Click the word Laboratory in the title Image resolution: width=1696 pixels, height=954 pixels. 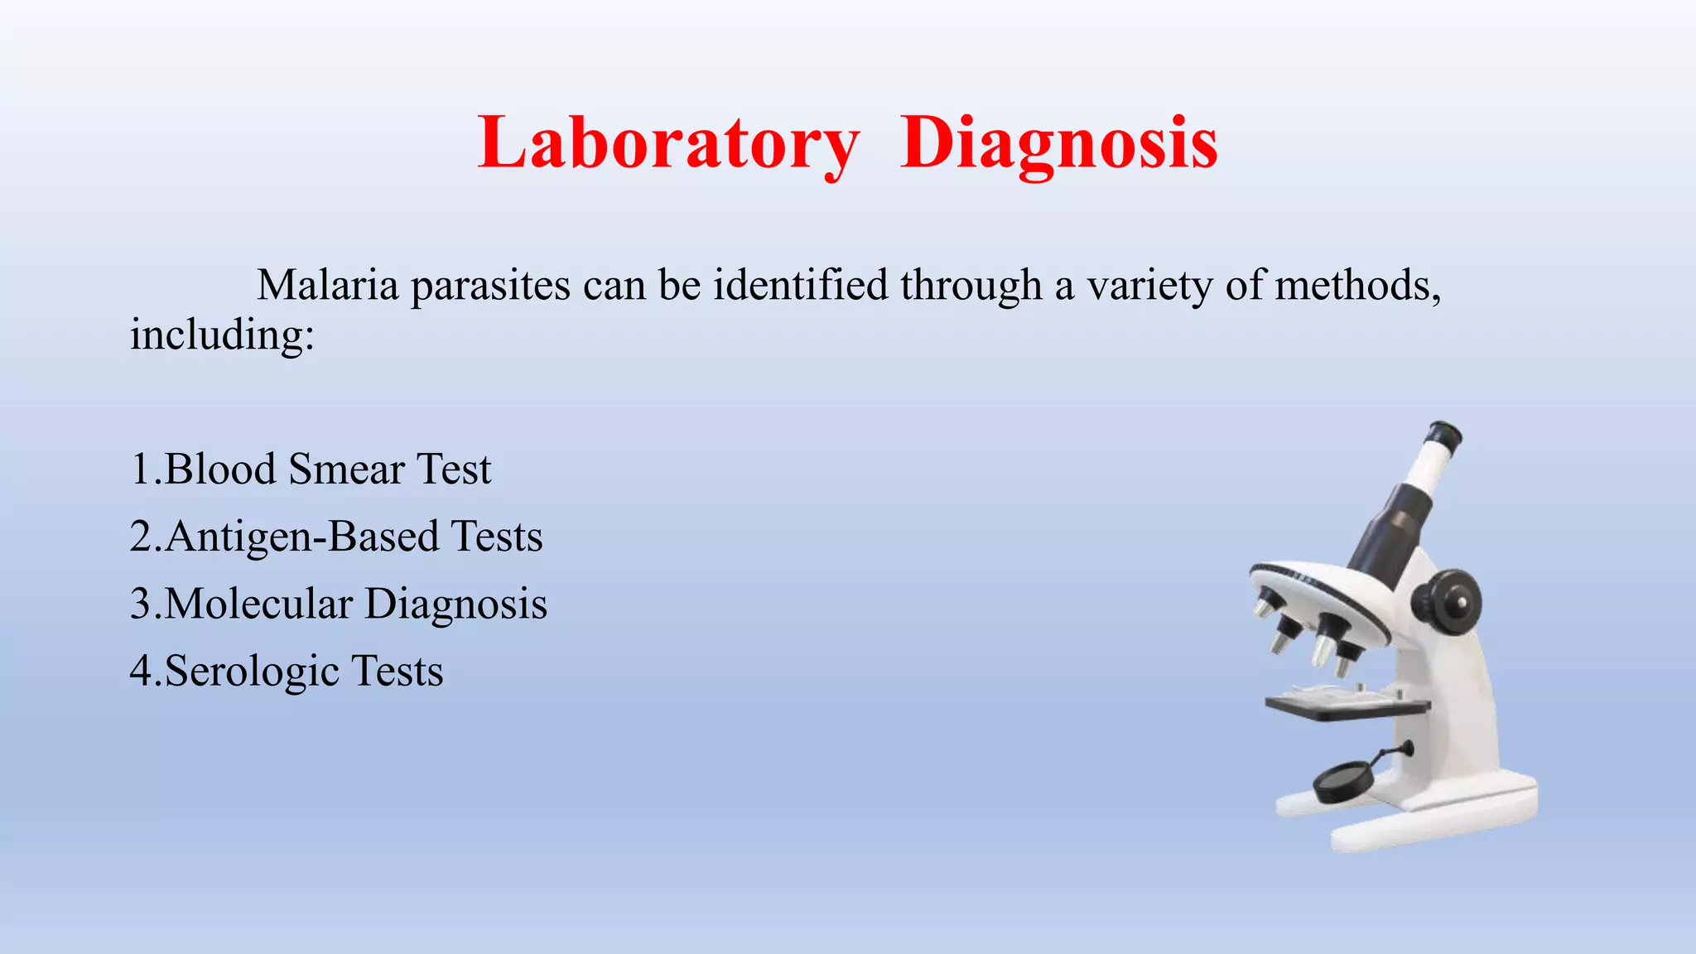668,144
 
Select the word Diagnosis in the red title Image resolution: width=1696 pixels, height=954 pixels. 1058,144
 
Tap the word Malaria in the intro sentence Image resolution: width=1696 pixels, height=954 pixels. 328,286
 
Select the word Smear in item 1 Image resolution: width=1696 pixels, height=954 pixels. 347,470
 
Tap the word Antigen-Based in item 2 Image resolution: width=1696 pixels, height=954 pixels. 302,537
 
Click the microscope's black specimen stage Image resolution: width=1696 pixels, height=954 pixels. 1346,707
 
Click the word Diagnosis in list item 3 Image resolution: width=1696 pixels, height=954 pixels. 455,604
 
